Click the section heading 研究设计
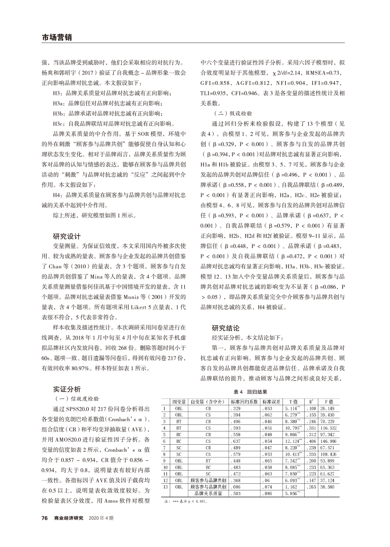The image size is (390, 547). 67,236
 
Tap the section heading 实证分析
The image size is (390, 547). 67,389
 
